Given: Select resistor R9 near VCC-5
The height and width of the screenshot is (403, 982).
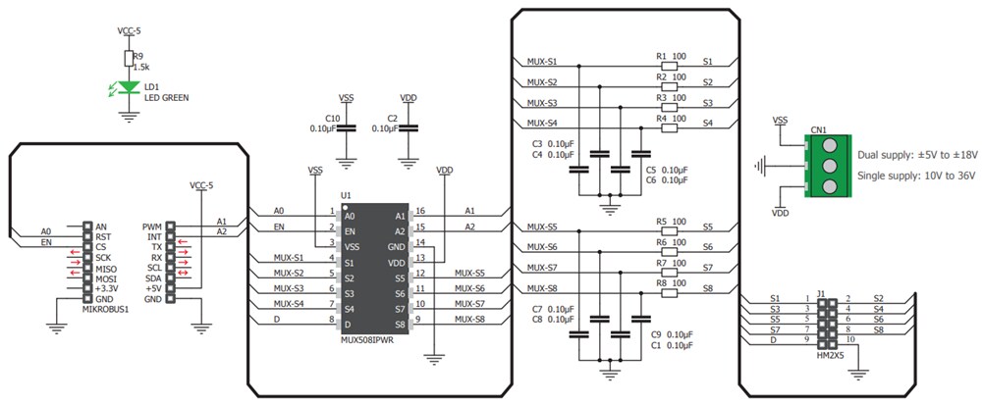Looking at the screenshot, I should [127, 60].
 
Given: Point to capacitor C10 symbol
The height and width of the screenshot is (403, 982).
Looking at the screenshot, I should [346, 128].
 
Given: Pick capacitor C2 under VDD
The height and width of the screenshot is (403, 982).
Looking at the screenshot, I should [409, 128].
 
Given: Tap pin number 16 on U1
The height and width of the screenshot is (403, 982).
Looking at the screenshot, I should [420, 211].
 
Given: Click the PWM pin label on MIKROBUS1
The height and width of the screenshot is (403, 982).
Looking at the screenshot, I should [152, 226].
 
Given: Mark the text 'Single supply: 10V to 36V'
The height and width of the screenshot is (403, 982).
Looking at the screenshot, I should [916, 176].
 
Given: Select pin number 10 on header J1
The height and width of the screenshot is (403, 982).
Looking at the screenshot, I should [851, 339].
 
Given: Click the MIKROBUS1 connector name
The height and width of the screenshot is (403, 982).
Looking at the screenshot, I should [107, 309].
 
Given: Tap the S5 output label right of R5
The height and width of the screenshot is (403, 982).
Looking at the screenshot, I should [708, 227].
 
